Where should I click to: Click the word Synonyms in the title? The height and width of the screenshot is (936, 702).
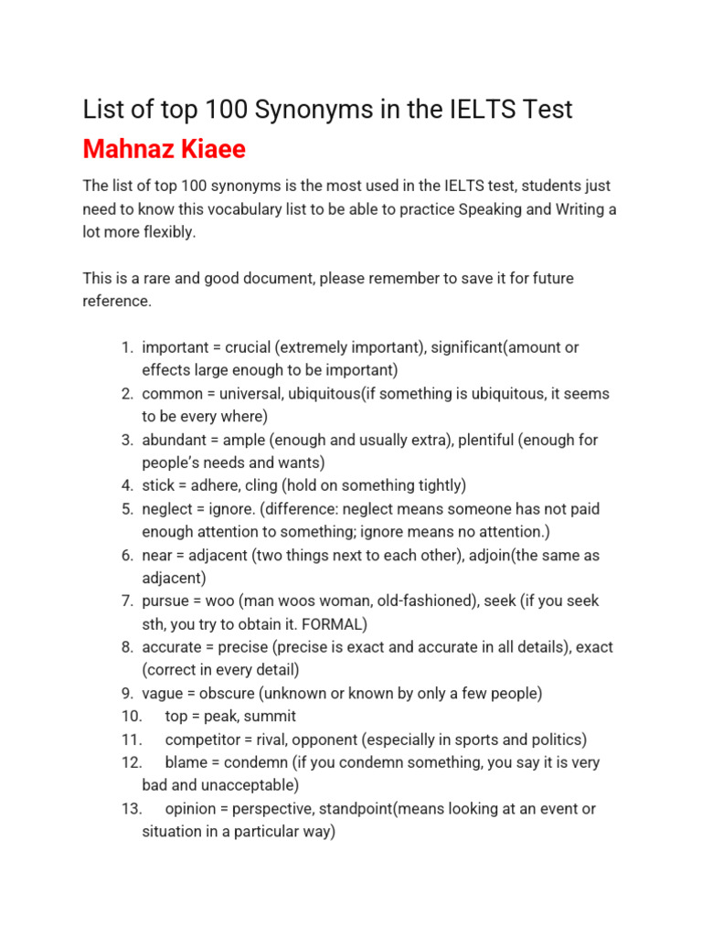click(x=308, y=110)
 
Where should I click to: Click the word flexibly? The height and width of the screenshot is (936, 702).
click(x=168, y=232)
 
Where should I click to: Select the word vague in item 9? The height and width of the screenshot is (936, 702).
click(x=163, y=693)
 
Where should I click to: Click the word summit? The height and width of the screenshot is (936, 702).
click(x=271, y=717)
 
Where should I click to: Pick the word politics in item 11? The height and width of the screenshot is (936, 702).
click(x=553, y=739)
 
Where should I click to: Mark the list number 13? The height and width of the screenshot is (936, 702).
click(x=131, y=809)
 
